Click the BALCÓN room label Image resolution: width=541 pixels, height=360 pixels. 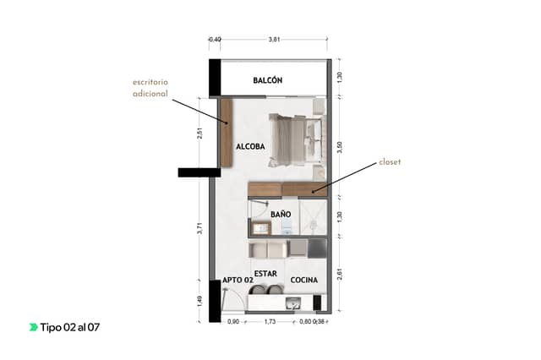[x=268, y=80]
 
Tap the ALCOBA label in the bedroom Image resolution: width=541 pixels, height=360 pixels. [x=250, y=146]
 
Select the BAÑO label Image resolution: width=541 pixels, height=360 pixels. [x=281, y=214]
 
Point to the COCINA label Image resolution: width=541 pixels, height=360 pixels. [x=304, y=280]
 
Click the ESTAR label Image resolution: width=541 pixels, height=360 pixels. [x=265, y=274]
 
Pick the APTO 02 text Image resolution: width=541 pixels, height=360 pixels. [x=238, y=280]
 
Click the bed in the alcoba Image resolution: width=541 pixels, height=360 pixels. [x=298, y=140]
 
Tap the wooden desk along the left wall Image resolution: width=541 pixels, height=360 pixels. [x=226, y=134]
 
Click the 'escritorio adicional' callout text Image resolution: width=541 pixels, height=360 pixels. [x=150, y=88]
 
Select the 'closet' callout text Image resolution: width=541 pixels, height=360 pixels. [x=390, y=161]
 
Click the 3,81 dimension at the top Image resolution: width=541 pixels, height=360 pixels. [x=274, y=40]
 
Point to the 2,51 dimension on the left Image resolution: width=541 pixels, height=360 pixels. [x=199, y=134]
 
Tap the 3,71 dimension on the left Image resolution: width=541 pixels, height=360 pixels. [x=199, y=228]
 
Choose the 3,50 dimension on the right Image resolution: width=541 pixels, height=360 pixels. [x=340, y=147]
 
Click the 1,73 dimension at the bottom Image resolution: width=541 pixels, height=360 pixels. [x=270, y=322]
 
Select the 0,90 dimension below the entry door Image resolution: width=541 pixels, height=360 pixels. [x=233, y=322]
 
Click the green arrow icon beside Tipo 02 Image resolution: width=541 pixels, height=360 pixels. [x=34, y=327]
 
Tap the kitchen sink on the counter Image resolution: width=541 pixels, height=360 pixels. [x=294, y=303]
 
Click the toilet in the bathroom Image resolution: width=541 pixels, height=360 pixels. [x=287, y=226]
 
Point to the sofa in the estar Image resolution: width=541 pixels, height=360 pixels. [x=268, y=249]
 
